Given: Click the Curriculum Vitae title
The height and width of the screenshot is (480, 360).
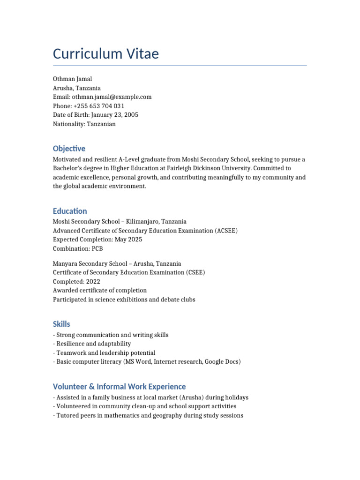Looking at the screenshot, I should pos(106,54).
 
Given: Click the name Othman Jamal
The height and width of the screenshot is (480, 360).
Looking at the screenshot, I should pos(72,79).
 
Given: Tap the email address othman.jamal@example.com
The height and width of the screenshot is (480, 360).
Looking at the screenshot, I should pos(112,97).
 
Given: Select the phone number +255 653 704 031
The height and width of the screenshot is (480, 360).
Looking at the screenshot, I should pos(99,106).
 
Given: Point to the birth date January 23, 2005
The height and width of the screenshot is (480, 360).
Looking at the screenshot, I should pos(115,115).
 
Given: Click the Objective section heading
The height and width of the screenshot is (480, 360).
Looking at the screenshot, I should pos(69,149).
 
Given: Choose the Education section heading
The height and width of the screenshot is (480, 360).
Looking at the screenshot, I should pos(70,211).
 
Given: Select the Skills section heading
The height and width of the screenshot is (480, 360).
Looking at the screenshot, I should pos(61,324).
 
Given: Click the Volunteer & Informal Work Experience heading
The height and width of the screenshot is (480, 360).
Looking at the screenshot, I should pos(119,387).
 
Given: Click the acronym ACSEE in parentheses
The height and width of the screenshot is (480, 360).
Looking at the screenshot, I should pos(226,231).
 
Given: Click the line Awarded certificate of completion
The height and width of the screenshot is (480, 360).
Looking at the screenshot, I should pos(99,291).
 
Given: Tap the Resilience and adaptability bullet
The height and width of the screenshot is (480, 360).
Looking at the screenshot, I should pos(93,344).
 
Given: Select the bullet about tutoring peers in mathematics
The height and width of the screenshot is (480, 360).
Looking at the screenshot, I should pos(149,416).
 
